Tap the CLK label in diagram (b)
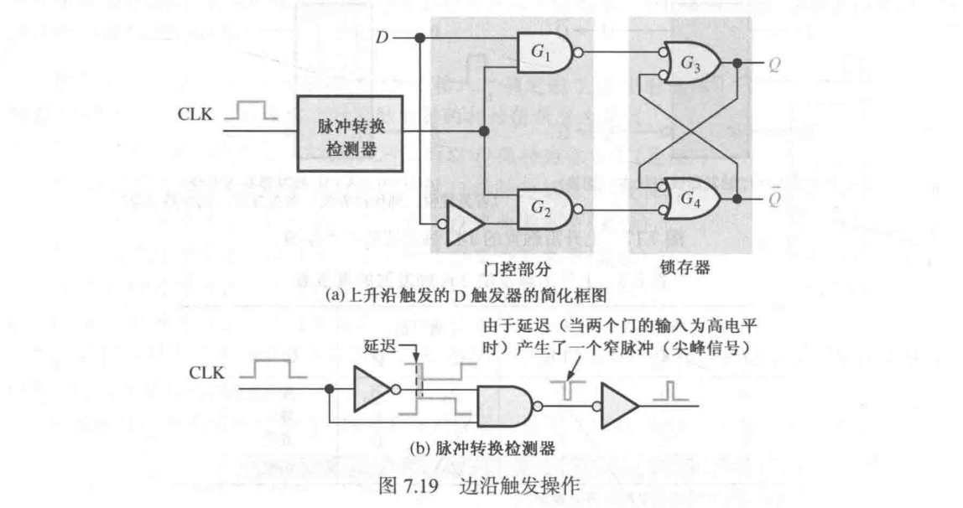click(204, 372)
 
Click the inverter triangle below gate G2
click(464, 223)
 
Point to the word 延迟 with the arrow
click(379, 345)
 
